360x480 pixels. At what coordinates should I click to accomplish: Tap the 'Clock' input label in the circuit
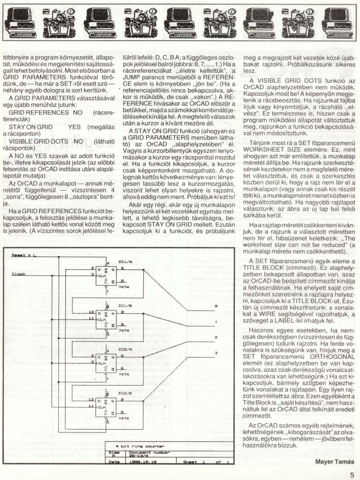[x=19, y=274]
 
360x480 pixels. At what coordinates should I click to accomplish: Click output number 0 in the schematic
[x=216, y=306]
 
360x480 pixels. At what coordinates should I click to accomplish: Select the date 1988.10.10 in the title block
[x=141, y=461]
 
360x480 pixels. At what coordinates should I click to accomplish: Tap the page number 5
[x=352, y=475]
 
